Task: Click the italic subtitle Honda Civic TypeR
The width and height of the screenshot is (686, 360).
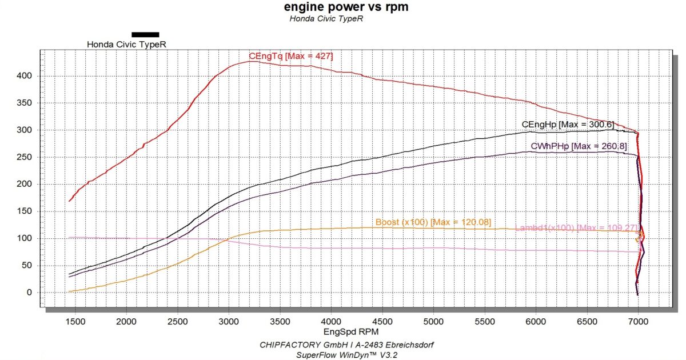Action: coord(326,18)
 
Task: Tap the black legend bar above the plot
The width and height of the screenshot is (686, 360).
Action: coord(145,34)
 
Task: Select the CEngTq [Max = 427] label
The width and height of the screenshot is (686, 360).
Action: coord(290,56)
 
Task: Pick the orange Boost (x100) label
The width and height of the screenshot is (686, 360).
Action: coord(433,222)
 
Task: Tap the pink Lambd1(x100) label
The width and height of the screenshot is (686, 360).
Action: coord(575,228)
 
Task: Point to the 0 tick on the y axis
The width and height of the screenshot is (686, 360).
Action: coord(29,293)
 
